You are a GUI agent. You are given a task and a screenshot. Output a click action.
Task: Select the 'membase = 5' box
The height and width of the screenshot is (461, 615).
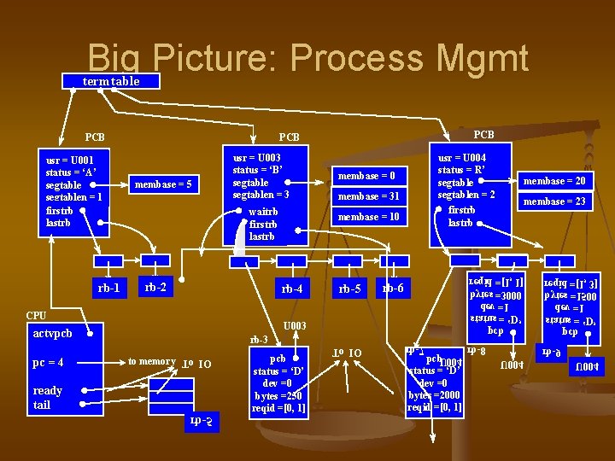coord(163,184)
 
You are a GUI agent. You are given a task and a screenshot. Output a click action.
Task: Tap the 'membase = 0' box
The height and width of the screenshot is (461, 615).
coord(366,177)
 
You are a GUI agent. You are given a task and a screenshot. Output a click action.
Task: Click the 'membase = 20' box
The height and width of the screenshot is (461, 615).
coord(555,181)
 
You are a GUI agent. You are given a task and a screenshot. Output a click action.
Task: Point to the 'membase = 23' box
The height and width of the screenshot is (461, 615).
coord(555,201)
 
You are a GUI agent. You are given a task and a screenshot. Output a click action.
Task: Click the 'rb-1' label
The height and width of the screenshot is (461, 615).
coord(109,289)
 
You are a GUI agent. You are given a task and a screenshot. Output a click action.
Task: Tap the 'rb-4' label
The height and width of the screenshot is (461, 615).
coord(292,289)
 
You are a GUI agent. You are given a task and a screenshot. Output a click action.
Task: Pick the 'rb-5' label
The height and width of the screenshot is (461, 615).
coord(350,289)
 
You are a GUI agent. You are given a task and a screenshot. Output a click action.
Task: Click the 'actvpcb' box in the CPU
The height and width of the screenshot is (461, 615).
coord(53,333)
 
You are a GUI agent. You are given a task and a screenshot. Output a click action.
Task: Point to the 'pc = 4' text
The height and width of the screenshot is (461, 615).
coord(49,362)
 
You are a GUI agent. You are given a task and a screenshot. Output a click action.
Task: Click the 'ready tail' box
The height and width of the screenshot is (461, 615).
coord(48,397)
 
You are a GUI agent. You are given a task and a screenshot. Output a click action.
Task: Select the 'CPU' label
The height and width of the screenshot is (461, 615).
coord(36,315)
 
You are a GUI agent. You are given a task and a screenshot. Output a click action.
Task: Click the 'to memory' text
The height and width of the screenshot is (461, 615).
coord(151,362)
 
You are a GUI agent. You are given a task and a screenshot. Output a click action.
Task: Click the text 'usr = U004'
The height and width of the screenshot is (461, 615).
coord(462,158)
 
